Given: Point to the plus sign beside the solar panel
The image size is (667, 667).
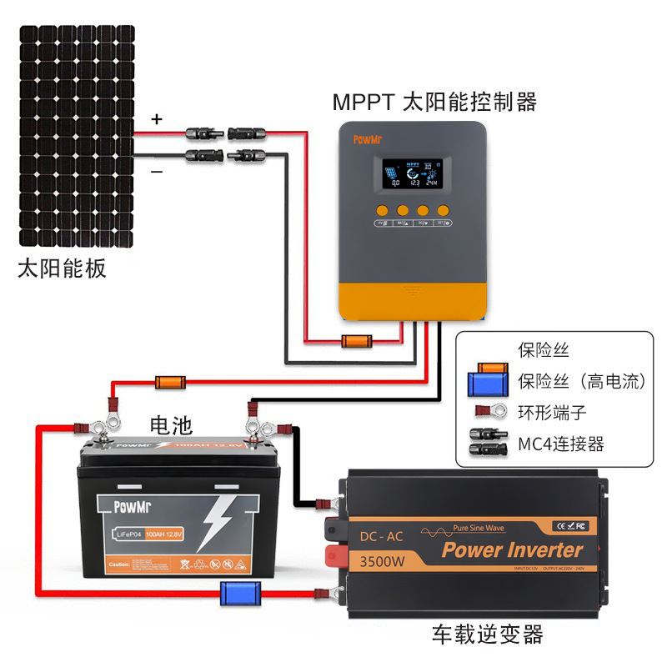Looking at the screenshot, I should pyautogui.click(x=156, y=119).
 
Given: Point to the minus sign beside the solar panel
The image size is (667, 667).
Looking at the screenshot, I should pyautogui.click(x=156, y=171).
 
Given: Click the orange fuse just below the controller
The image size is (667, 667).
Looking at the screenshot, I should pyautogui.click(x=356, y=340).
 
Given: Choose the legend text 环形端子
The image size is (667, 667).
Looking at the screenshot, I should pyautogui.click(x=551, y=412).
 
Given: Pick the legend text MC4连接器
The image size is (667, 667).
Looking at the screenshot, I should pyautogui.click(x=560, y=443).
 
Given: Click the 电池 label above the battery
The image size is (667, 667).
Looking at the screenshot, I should pyautogui.click(x=170, y=426).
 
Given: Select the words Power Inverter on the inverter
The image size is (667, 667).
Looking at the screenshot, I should pyautogui.click(x=512, y=549).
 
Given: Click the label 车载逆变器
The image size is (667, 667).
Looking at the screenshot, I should pyautogui.click(x=488, y=634).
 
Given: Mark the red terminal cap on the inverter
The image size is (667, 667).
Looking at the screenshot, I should pyautogui.click(x=335, y=554).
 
